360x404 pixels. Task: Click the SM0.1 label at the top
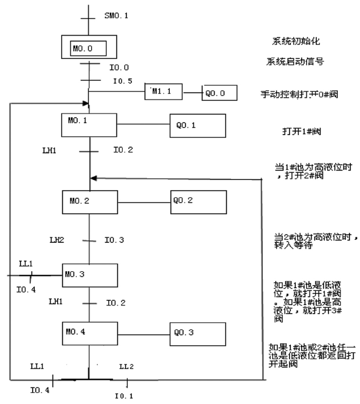click(116, 16)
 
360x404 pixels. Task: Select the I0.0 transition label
click(119, 68)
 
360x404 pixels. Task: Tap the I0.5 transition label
click(123, 81)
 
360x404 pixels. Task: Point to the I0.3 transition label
click(114, 240)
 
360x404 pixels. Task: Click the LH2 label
click(57, 240)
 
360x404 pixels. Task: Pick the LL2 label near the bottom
click(127, 367)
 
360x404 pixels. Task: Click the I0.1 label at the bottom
click(124, 396)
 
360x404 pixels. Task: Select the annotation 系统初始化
click(296, 41)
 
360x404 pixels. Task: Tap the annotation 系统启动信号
click(295, 62)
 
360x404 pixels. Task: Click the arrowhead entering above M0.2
click(94, 178)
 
